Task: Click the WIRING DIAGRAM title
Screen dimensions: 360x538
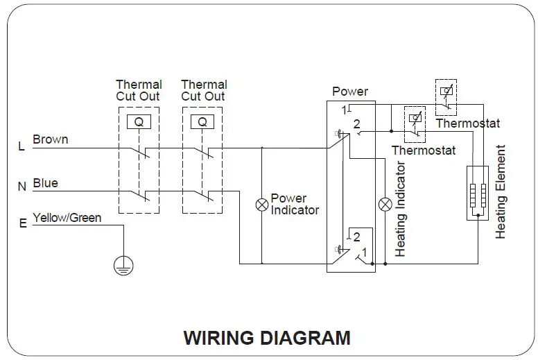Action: click(x=267, y=338)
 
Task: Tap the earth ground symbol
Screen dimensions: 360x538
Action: click(x=123, y=265)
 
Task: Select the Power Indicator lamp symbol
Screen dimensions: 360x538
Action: click(x=262, y=205)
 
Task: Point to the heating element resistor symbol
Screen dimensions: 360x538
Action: click(x=477, y=194)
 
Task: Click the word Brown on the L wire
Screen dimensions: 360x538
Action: click(x=51, y=139)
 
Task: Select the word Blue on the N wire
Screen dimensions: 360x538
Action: click(x=45, y=184)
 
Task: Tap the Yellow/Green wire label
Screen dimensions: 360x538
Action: click(x=67, y=218)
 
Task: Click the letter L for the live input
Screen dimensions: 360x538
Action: click(x=21, y=147)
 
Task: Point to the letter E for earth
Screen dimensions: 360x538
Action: click(x=23, y=223)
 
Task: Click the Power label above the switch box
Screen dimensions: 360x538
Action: click(x=350, y=92)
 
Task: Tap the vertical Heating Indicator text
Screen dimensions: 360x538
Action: click(x=400, y=209)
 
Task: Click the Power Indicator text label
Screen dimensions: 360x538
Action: click(x=295, y=204)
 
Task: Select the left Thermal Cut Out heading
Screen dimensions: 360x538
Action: click(x=139, y=90)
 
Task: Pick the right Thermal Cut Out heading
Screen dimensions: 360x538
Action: click(x=204, y=90)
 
